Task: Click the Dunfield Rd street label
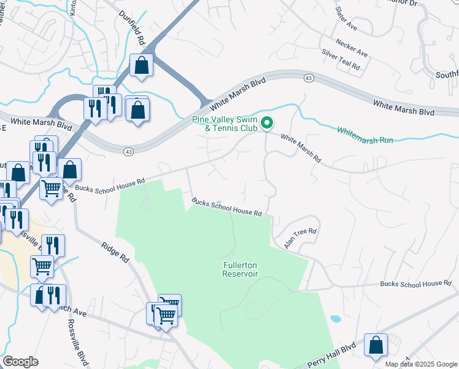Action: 133,29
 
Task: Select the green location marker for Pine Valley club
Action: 267,124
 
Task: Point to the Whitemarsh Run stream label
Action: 365,135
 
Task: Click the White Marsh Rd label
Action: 301,148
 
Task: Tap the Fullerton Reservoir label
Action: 240,269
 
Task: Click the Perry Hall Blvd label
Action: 332,355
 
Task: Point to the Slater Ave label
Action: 346,19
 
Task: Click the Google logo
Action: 21,362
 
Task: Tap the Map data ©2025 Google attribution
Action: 421,364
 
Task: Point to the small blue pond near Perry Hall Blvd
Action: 335,320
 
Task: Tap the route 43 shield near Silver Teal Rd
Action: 309,77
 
